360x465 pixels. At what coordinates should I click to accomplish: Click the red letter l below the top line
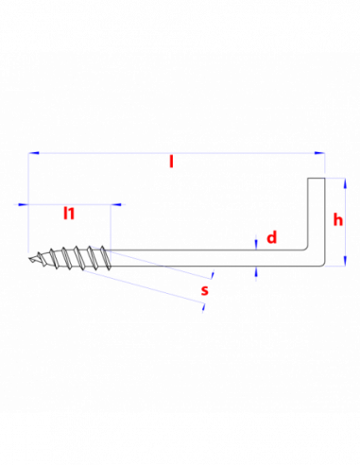tap(171, 162)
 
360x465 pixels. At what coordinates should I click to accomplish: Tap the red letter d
tap(272, 237)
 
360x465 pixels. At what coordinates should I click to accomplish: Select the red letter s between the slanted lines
tap(205, 291)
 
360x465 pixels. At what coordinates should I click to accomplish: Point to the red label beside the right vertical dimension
tap(337, 220)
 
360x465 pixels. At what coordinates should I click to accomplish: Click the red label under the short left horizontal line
tap(69, 215)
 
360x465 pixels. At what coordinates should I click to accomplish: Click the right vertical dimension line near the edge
tap(345, 222)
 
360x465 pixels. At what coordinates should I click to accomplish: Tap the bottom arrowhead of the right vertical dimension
tap(345, 260)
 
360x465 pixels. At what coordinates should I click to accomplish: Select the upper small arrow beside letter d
tap(256, 242)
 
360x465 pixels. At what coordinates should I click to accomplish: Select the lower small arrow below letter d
tap(256, 274)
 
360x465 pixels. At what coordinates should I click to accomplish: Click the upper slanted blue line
tap(151, 263)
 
